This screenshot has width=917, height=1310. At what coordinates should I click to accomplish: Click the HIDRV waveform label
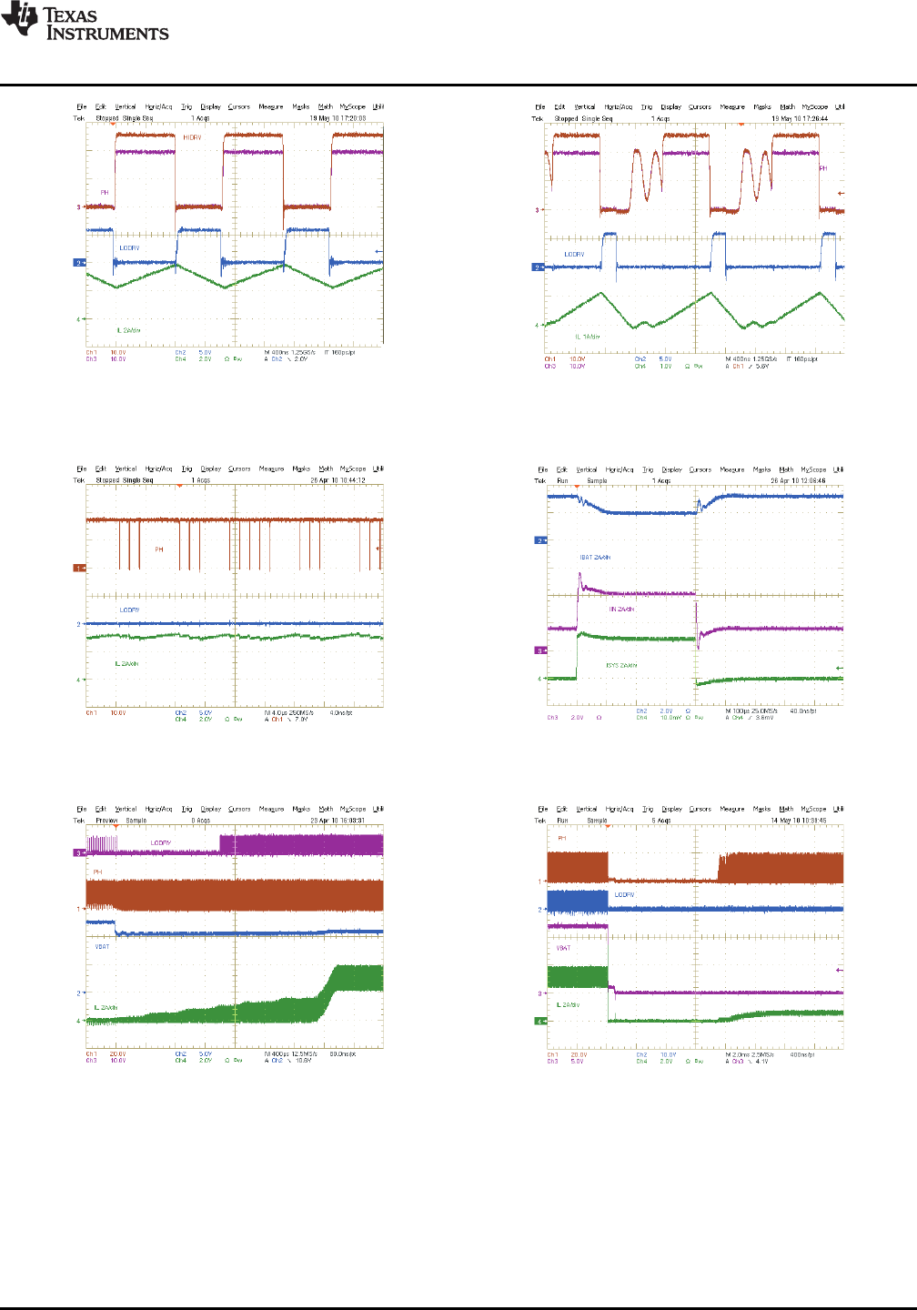192,137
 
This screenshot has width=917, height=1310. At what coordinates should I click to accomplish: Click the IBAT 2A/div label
595,557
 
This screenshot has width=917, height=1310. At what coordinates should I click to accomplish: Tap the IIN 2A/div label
622,610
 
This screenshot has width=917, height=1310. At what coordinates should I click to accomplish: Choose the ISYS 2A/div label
621,665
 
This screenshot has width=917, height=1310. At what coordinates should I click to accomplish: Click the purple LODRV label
160,843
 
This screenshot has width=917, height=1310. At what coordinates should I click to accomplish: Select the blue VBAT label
102,946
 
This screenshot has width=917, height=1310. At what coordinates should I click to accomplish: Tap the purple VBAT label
563,948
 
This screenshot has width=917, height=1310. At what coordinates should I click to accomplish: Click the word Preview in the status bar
107,821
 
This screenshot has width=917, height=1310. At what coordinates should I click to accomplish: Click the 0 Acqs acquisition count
201,821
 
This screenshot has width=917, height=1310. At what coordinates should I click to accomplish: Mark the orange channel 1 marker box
78,568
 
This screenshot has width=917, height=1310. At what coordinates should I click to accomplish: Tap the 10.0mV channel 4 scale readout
670,718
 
